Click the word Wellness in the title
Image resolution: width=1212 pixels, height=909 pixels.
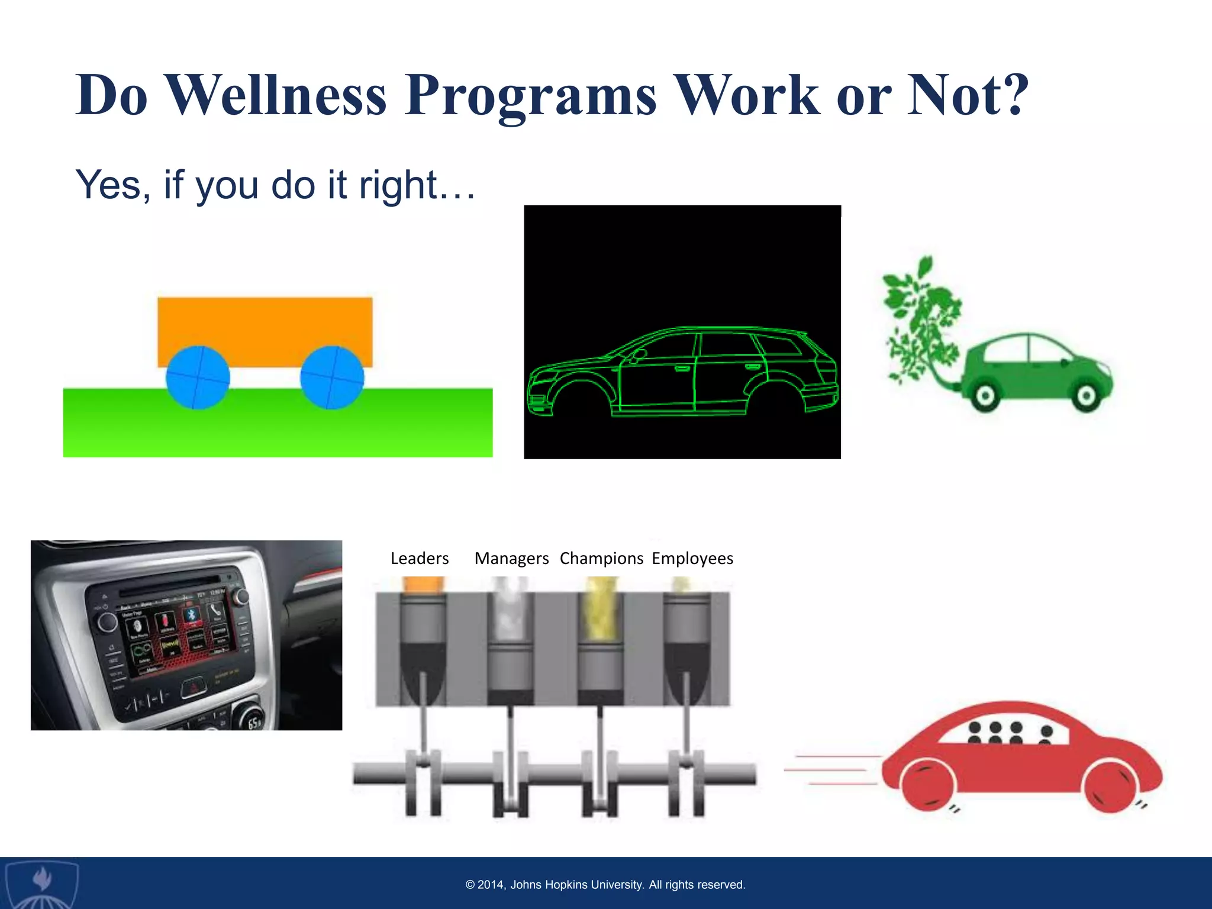277,95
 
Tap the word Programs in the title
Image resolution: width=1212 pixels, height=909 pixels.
531,95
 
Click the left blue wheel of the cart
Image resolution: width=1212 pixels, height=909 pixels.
198,378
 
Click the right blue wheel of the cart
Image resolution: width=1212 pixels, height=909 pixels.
332,378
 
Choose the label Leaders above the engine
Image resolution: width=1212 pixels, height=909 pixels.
420,558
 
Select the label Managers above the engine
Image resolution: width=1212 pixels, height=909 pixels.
511,558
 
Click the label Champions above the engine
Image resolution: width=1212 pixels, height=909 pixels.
601,558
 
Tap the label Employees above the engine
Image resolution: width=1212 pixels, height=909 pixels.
692,558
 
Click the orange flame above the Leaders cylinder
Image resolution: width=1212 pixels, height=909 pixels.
423,584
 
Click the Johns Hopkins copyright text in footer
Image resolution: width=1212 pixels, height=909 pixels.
605,885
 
